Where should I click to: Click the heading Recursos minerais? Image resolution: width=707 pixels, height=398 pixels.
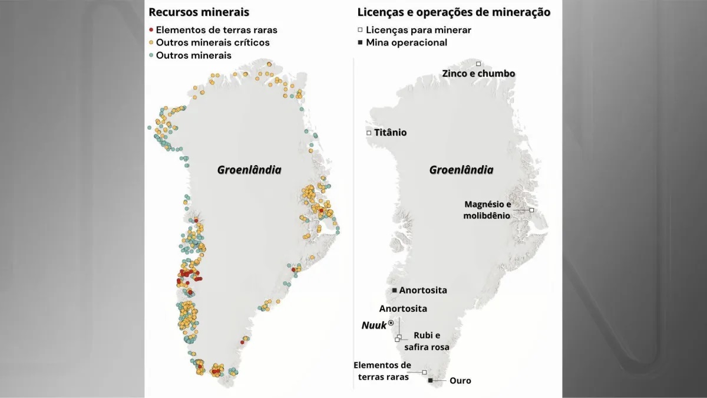click(x=199, y=12)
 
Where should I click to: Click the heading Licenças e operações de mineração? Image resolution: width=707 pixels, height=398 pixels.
click(x=454, y=12)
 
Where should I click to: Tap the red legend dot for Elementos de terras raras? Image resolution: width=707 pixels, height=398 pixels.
click(x=151, y=29)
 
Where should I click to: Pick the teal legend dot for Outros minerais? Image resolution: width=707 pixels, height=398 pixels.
click(x=151, y=55)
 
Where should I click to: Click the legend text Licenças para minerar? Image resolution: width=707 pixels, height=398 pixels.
click(x=418, y=29)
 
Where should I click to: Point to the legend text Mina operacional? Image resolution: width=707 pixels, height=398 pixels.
click(x=407, y=42)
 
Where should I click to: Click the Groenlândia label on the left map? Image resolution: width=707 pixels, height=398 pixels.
click(x=249, y=170)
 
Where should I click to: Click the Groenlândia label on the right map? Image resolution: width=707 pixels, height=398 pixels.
click(x=461, y=170)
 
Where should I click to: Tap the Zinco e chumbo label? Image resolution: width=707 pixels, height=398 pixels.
click(x=478, y=74)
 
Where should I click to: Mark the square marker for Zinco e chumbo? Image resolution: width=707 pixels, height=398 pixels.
click(x=478, y=64)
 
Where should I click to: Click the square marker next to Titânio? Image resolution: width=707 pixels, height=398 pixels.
click(x=369, y=133)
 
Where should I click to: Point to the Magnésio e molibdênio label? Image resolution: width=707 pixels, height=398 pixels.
click(x=488, y=210)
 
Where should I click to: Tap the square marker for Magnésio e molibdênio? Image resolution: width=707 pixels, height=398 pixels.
click(x=531, y=210)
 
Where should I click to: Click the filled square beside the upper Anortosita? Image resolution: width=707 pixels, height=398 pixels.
click(x=394, y=290)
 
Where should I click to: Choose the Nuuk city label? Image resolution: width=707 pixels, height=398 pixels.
click(x=374, y=325)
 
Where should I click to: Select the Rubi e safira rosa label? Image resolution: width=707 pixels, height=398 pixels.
click(x=431, y=341)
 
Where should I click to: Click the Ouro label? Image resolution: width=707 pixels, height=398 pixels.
click(x=460, y=381)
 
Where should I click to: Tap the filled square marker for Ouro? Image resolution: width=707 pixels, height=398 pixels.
click(x=431, y=381)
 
